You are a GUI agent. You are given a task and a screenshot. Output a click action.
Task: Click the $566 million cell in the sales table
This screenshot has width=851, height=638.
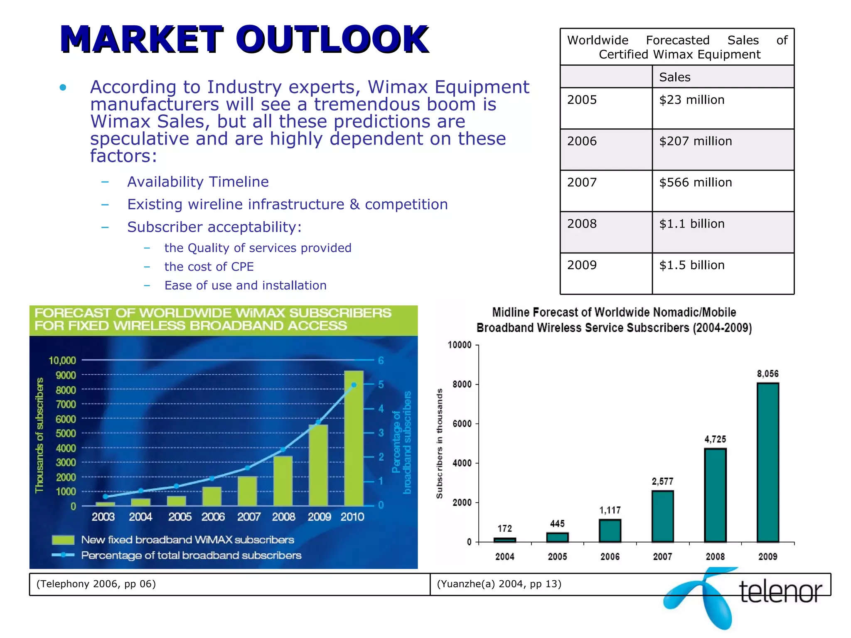pyautogui.click(x=695, y=183)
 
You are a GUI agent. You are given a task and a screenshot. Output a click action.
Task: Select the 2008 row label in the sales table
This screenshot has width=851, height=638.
pyautogui.click(x=582, y=224)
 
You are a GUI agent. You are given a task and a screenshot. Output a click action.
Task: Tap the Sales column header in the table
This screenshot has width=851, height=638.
pyautogui.click(x=674, y=77)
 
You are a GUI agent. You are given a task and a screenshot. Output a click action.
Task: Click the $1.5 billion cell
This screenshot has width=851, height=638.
pyautogui.click(x=691, y=265)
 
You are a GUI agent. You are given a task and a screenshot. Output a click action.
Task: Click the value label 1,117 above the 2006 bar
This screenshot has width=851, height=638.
pyautogui.click(x=610, y=510)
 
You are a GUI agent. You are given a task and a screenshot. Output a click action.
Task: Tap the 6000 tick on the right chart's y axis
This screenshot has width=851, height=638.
pyautogui.click(x=462, y=424)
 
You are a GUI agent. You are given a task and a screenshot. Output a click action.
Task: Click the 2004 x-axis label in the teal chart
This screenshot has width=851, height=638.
pyautogui.click(x=504, y=557)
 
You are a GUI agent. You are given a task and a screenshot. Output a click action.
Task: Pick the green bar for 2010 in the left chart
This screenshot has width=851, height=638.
pyautogui.click(x=354, y=438)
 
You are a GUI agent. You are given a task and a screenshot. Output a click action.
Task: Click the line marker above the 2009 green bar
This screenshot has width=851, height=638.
pyautogui.click(x=318, y=422)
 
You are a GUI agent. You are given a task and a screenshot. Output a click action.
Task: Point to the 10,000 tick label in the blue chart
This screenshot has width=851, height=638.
pyautogui.click(x=62, y=361)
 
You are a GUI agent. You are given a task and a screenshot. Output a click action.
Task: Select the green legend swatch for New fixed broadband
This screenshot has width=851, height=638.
pyautogui.click(x=63, y=540)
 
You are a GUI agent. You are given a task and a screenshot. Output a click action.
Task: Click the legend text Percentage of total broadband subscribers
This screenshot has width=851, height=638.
pyautogui.click(x=191, y=555)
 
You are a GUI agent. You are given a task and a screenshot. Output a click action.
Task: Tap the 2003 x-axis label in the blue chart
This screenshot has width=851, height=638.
pyautogui.click(x=103, y=517)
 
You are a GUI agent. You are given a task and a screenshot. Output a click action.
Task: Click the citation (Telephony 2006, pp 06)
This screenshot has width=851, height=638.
pyautogui.click(x=96, y=584)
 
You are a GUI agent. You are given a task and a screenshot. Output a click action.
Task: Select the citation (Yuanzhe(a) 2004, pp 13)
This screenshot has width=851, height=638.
pyautogui.click(x=499, y=584)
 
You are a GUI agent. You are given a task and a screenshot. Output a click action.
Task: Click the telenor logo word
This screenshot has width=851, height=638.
pyautogui.click(x=780, y=591)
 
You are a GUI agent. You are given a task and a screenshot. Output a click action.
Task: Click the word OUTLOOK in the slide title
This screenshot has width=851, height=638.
pyautogui.click(x=332, y=39)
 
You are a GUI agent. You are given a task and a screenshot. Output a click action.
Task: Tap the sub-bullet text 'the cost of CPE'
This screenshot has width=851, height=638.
pyautogui.click(x=209, y=267)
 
